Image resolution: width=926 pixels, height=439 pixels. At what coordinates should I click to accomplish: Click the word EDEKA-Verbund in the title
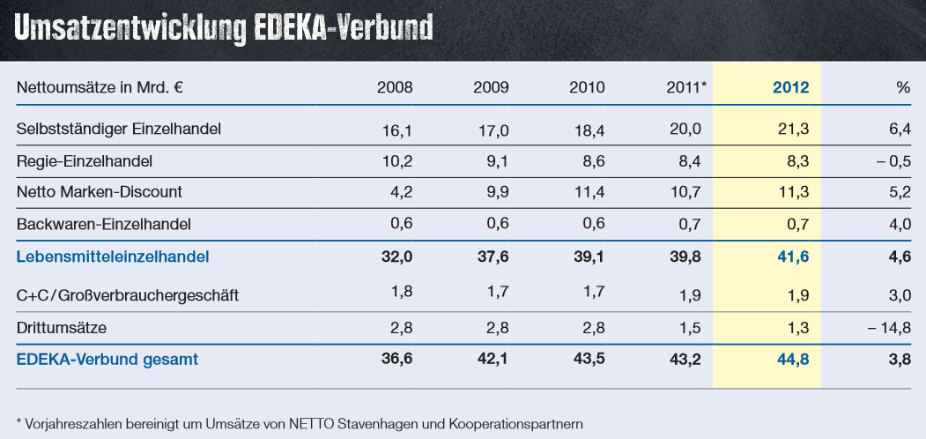pos(344,27)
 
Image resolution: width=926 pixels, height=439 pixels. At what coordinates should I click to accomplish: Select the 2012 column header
pos(790,87)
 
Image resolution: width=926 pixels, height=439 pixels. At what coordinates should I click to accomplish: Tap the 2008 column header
pos(395,87)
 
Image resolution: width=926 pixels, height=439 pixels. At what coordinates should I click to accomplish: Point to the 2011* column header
pos(687,87)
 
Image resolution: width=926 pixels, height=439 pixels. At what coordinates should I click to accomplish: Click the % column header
pos(902,87)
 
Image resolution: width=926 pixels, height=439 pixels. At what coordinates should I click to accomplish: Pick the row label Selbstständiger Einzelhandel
pos(118,129)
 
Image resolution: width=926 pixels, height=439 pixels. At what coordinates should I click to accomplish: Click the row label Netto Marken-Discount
pos(100,192)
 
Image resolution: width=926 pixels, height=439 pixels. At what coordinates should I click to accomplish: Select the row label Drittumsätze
pos(62,328)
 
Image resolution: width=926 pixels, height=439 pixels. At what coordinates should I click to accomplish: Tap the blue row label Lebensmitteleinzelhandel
pos(113,257)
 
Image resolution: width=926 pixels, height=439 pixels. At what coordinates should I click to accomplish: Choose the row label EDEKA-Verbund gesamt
pos(107,359)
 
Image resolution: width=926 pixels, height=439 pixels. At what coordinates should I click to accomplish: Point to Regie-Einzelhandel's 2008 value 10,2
pos(397,161)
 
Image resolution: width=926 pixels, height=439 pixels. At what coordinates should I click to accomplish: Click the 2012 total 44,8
pos(794,359)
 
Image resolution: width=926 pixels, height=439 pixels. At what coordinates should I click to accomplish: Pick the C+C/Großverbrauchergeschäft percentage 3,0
pos(900,295)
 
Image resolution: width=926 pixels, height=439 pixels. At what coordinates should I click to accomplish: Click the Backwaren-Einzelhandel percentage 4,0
pos(900,224)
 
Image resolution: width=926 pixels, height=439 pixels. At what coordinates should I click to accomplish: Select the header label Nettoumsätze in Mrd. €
pos(105,87)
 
